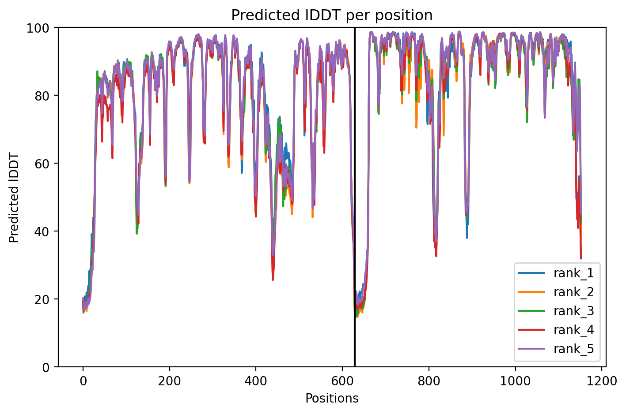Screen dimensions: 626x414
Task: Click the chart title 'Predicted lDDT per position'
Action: tap(332, 15)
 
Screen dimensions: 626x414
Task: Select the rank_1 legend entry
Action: tap(556, 273)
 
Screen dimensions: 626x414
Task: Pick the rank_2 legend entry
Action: tap(556, 292)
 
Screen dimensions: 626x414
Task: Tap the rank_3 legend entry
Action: tap(556, 311)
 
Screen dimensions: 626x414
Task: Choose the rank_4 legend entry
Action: tap(556, 330)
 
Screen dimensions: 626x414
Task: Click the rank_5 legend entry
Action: tap(556, 349)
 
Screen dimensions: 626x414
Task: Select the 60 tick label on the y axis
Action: tap(42, 164)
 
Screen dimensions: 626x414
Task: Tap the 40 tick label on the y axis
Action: tap(42, 231)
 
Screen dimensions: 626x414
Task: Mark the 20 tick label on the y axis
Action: tap(42, 299)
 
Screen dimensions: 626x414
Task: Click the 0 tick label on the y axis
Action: tap(46, 367)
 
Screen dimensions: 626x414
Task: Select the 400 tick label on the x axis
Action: tap(256, 381)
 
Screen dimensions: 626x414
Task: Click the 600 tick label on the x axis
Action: tap(342, 381)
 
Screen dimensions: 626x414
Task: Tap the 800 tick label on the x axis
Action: tap(429, 381)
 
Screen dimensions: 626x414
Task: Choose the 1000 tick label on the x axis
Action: tap(515, 381)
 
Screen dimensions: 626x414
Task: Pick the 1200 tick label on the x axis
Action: tap(601, 381)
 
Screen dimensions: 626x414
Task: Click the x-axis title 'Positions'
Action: tap(332, 399)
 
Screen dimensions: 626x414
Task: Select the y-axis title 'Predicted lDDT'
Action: tap(14, 198)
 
